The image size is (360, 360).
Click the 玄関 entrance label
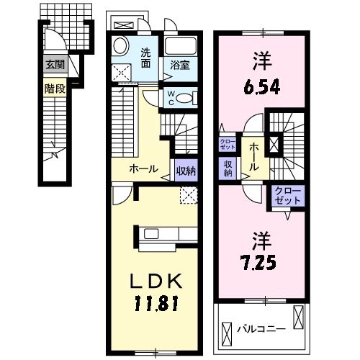(55, 65)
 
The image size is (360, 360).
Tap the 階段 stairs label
(55, 89)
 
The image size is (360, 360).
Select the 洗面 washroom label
(145, 58)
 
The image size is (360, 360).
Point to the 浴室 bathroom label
(180, 66)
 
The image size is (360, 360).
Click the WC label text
(171, 98)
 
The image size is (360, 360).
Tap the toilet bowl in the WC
(184, 98)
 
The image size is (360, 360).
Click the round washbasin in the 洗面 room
(122, 46)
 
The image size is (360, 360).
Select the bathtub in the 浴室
(181, 46)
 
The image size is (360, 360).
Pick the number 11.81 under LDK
(156, 303)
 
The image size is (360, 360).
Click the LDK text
(156, 282)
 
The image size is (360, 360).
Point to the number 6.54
(262, 87)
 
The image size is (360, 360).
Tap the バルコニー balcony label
(261, 329)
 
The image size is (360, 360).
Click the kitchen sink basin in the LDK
(151, 233)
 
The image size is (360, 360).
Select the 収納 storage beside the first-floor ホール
(186, 171)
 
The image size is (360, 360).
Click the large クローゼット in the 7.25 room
(288, 195)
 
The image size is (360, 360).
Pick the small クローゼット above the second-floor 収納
(228, 144)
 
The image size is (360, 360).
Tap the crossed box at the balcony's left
(227, 334)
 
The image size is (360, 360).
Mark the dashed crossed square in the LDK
(189, 195)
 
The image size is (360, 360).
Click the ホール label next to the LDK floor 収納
(143, 169)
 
